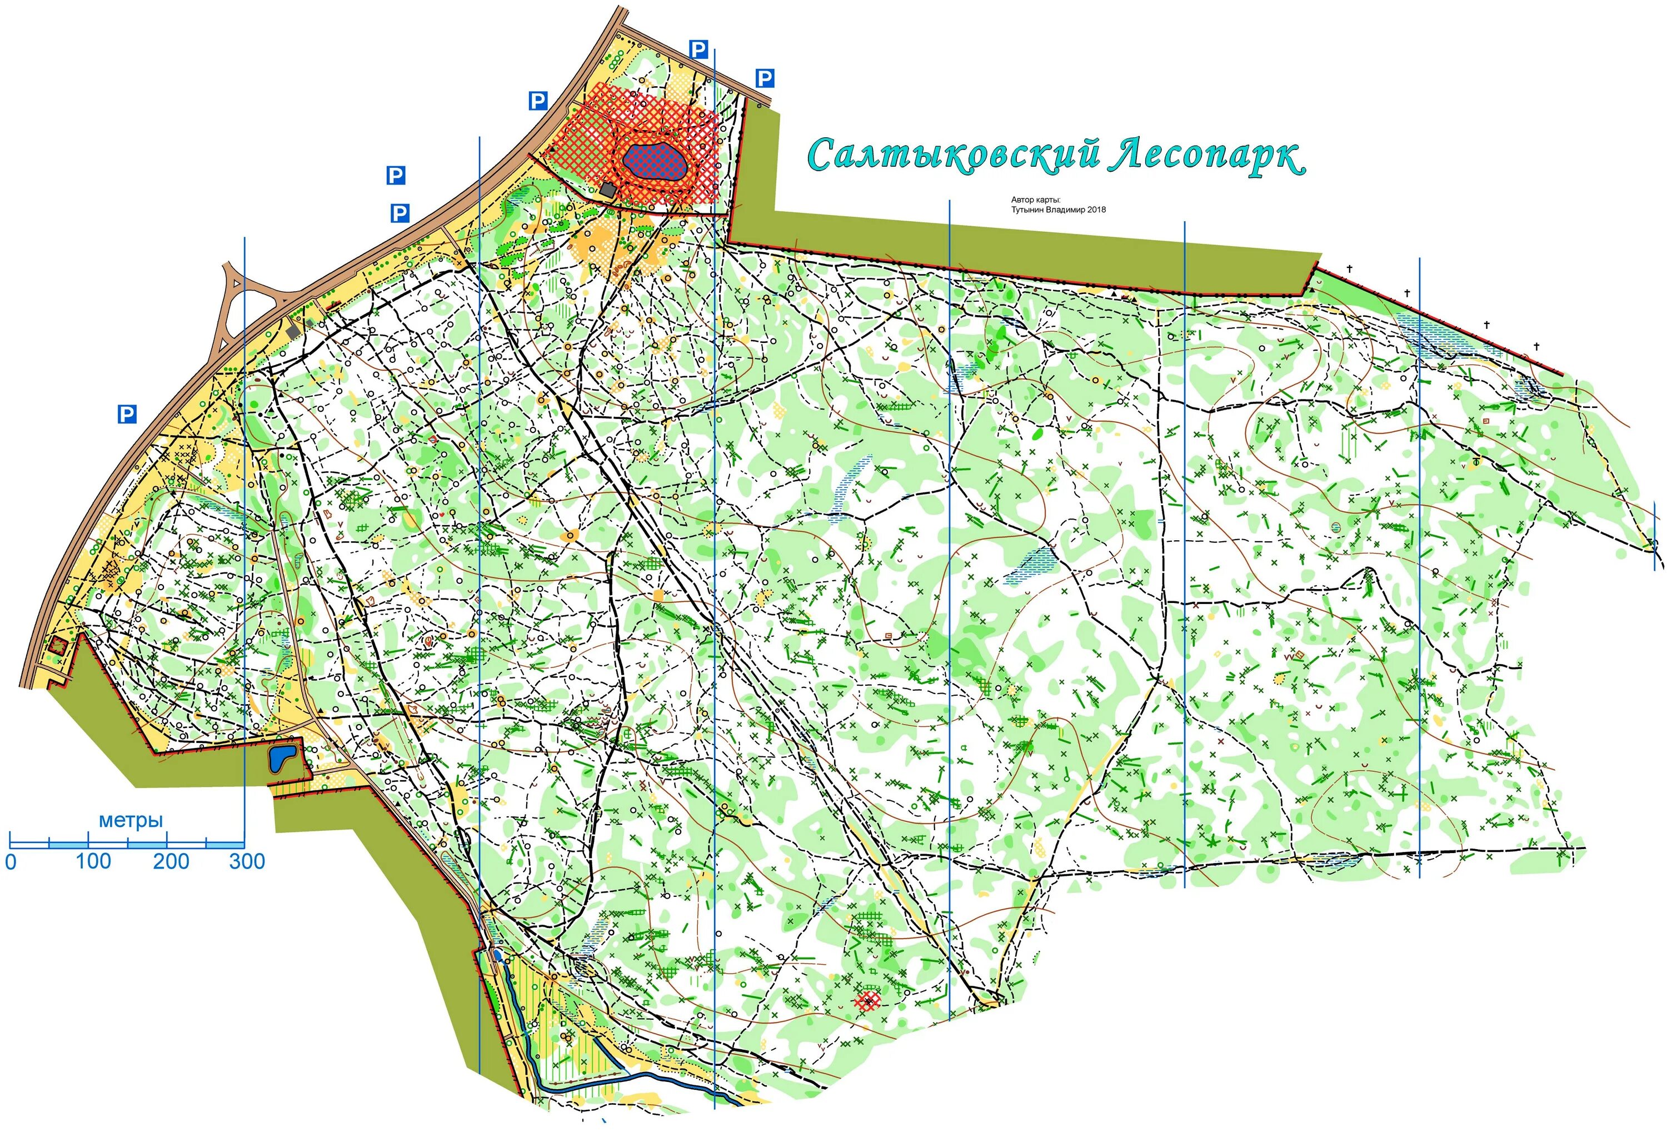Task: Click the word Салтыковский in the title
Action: (x=954, y=155)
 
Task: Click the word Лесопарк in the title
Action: (x=1205, y=155)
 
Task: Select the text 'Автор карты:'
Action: (x=1035, y=200)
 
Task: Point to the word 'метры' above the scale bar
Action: (x=131, y=820)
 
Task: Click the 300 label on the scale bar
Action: (x=247, y=861)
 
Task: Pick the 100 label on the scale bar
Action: (x=93, y=861)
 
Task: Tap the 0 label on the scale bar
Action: (x=11, y=861)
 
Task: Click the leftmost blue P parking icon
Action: (x=127, y=414)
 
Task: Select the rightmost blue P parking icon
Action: (x=765, y=78)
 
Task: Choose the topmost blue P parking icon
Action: (x=698, y=49)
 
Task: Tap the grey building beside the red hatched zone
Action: (x=607, y=190)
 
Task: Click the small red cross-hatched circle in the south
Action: (x=869, y=1000)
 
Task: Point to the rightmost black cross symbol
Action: (x=1536, y=346)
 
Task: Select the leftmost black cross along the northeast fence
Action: (x=1349, y=269)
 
